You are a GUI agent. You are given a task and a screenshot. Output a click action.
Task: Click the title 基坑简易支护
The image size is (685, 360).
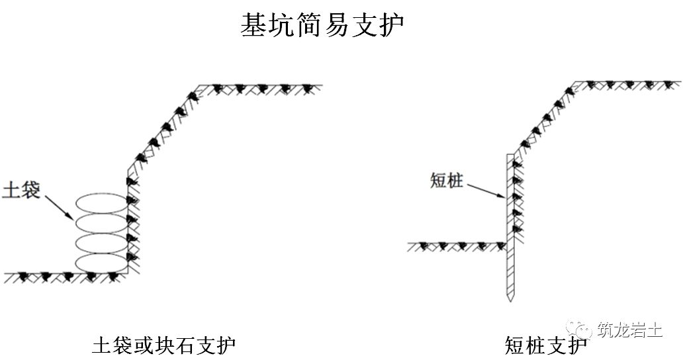[322, 26]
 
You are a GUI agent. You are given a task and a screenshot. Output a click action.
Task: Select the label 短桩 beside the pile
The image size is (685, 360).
[446, 179]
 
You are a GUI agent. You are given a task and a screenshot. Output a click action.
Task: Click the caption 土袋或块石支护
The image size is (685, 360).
[165, 345]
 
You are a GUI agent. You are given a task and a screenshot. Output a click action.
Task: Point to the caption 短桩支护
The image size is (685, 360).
[545, 345]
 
